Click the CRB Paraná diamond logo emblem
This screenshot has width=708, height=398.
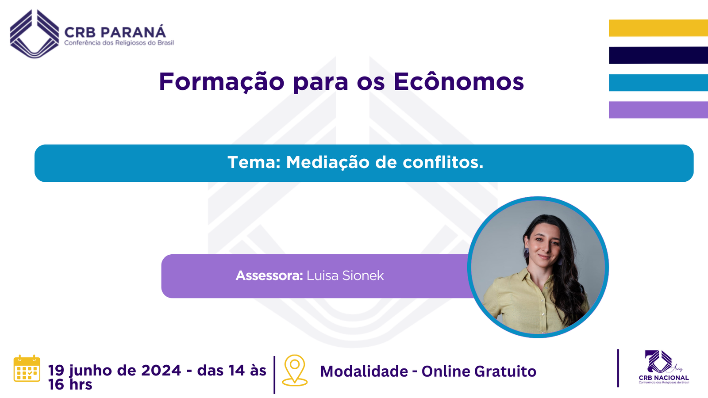pyautogui.click(x=35, y=34)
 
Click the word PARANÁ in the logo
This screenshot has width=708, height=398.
pyautogui.click(x=133, y=32)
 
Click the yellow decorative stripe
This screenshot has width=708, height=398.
pyautogui.click(x=658, y=28)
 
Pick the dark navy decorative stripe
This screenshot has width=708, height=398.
pyautogui.click(x=658, y=55)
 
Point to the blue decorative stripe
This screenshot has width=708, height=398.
pyautogui.click(x=658, y=82)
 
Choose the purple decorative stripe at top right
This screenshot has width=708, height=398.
pyautogui.click(x=658, y=110)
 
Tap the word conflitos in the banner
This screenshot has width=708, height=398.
pyautogui.click(x=443, y=162)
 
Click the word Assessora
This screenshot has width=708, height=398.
pyautogui.click(x=269, y=276)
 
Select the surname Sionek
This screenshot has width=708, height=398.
pyautogui.click(x=363, y=276)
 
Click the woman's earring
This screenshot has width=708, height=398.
pyautogui.click(x=526, y=253)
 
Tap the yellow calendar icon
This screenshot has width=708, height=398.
pyautogui.click(x=27, y=368)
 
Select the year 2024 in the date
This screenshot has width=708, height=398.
pyautogui.click(x=161, y=371)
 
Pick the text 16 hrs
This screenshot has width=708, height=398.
pyautogui.click(x=70, y=384)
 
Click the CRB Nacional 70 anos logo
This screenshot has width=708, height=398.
pyautogui.click(x=663, y=367)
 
